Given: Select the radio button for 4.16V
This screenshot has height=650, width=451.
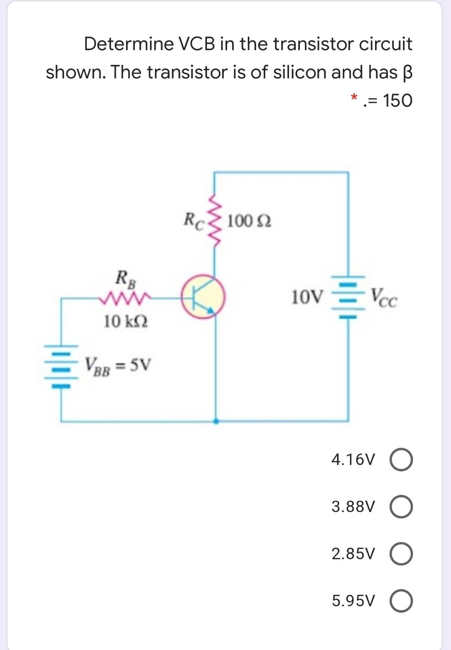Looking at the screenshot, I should coord(401,460).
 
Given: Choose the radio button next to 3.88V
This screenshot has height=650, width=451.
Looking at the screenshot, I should coord(401,507).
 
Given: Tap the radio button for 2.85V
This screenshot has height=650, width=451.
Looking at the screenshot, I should coord(401,554).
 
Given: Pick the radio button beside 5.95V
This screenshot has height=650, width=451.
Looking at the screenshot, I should coord(401,601).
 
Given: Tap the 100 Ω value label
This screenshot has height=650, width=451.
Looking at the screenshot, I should coord(249,221).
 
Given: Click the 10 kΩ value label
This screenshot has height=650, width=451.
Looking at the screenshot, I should coord(126,322).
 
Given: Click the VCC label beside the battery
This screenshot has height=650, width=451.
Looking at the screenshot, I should coord(384,298).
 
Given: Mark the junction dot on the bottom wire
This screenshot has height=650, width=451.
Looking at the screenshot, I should coord(215,421).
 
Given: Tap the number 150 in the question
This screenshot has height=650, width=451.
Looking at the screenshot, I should coord(397,101).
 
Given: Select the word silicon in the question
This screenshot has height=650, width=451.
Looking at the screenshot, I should coord(299,72).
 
